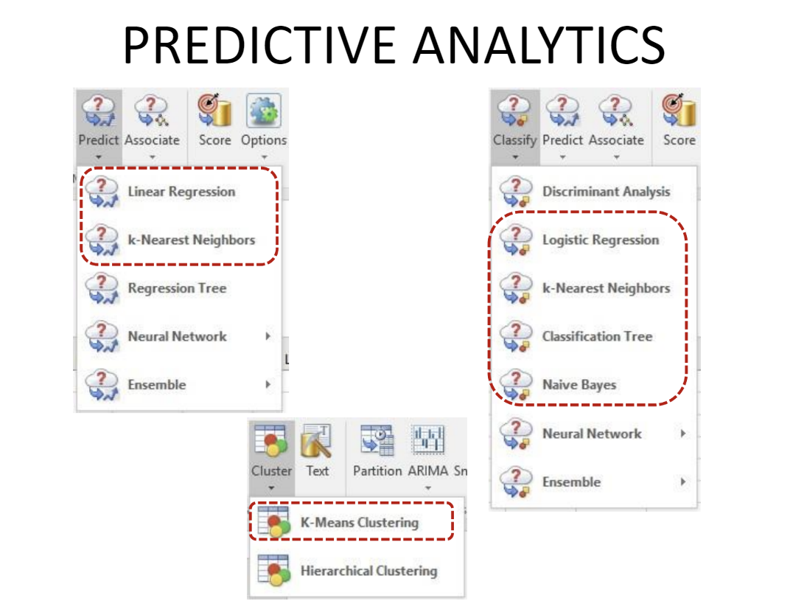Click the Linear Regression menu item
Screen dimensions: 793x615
pos(181,192)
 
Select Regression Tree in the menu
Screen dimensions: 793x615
pos(177,288)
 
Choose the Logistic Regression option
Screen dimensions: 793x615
pos(601,240)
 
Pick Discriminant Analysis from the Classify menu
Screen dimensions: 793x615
pos(606,191)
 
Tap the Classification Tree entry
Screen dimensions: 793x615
pos(597,336)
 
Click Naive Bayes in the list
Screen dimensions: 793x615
pos(579,385)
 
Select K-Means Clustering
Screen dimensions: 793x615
pos(360,522)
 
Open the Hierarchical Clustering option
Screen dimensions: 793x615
pos(368,571)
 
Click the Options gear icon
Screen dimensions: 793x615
pos(264,110)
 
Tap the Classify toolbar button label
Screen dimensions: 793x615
pos(514,139)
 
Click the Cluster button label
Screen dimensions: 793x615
pos(272,470)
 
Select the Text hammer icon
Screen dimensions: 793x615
pos(317,439)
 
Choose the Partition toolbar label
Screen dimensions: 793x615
pos(377,470)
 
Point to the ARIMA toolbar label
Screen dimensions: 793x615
pos(428,470)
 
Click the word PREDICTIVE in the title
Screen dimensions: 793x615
pos(259,46)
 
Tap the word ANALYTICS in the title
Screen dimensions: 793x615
pos(539,46)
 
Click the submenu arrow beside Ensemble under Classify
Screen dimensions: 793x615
pos(682,482)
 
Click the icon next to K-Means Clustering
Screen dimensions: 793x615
pos(273,522)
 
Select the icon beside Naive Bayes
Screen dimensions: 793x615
pos(516,386)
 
